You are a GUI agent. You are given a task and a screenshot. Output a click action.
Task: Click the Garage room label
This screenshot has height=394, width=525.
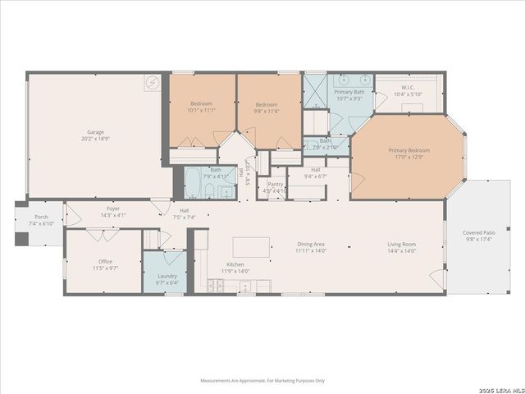pos(95,132)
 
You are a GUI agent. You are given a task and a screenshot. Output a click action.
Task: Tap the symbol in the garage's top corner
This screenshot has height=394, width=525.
pos(153,82)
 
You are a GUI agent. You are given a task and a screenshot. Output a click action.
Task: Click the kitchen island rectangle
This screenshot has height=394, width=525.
pos(251,247)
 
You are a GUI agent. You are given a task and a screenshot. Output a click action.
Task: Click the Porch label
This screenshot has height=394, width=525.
pos(41,217)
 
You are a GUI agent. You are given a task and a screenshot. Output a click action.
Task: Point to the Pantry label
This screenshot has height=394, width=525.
pos(275,185)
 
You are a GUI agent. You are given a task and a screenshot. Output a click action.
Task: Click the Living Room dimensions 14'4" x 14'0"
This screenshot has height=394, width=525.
pos(402,251)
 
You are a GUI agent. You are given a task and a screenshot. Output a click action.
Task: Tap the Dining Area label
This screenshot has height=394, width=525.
pos(311,244)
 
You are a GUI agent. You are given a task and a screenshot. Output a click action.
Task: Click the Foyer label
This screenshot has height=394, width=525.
pos(113,208)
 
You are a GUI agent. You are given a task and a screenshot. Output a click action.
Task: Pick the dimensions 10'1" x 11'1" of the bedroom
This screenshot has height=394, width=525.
pos(201,111)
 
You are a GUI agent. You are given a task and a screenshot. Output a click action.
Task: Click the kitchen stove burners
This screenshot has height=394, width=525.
pos(217,286)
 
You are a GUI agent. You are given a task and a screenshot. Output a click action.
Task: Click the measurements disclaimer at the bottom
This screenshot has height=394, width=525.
pos(262,381)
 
